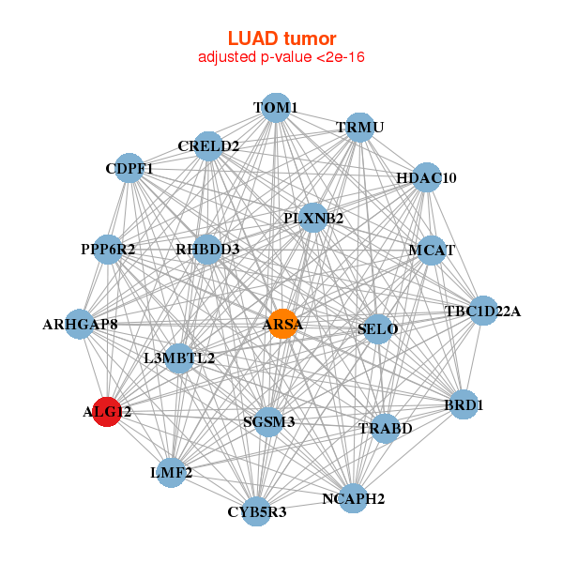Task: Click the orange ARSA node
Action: click(282, 325)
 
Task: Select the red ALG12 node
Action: click(107, 411)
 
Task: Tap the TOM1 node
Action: click(275, 108)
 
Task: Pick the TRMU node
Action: click(360, 128)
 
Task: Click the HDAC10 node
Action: click(426, 177)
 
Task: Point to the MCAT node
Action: click(431, 251)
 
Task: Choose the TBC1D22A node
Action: click(482, 311)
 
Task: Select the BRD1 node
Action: click(464, 404)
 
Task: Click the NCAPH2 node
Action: click(353, 497)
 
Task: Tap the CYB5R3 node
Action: click(256, 511)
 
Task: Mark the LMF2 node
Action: click(171, 472)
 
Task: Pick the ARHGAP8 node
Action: click(80, 325)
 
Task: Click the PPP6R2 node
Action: click(108, 250)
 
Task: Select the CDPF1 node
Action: click(129, 169)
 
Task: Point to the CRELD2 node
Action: click(208, 145)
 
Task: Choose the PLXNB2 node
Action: click(313, 219)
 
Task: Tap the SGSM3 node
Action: click(269, 422)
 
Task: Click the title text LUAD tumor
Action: click(281, 38)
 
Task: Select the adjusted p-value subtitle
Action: click(281, 57)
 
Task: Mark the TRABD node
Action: click(385, 429)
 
